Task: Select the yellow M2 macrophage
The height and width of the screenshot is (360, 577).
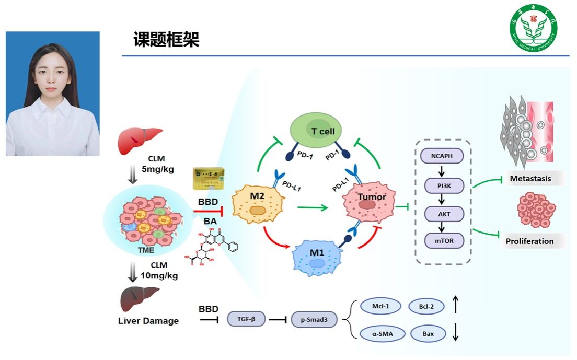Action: tap(257, 206)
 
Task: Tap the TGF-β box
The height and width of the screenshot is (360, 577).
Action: tap(246, 318)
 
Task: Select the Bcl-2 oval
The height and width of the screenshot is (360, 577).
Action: tap(426, 306)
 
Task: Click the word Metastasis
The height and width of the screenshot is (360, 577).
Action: tap(530, 179)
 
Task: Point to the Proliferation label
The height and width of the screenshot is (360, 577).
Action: tap(529, 241)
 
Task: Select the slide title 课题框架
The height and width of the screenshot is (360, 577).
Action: tap(166, 40)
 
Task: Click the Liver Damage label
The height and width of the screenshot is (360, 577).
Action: tap(148, 320)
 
